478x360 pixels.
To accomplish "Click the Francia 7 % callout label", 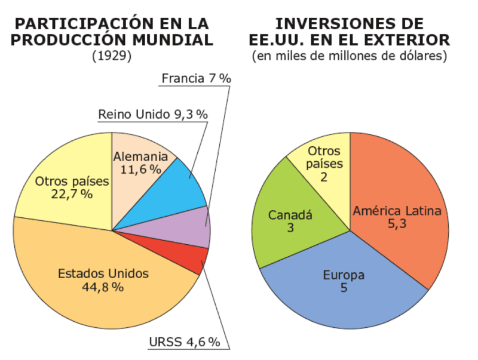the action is (197, 79).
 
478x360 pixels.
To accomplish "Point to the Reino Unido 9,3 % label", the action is (153, 115).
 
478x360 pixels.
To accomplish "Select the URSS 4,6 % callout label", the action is (185, 342).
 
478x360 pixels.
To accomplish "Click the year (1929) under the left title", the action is (112, 56).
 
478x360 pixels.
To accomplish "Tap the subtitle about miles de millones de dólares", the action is (350, 56).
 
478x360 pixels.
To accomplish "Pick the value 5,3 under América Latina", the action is (397, 224).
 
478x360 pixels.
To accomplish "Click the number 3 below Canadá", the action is (290, 228).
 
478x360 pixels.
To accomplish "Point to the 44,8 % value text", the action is (103, 287).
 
